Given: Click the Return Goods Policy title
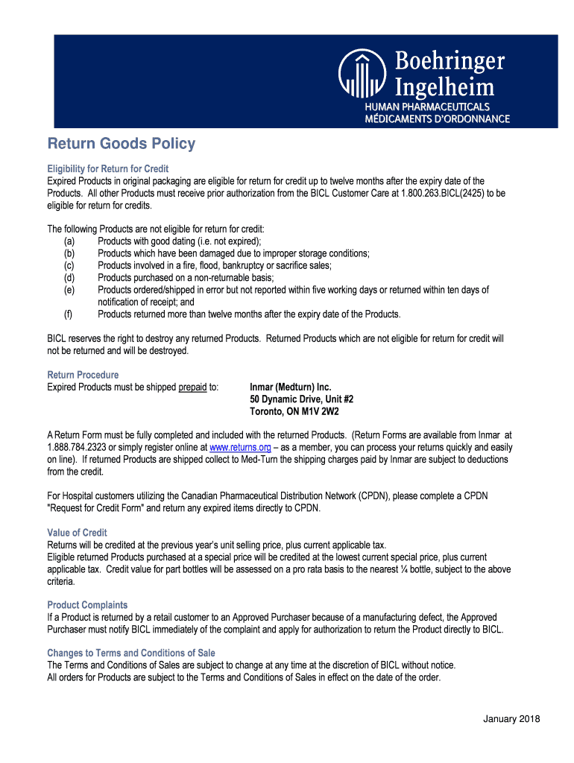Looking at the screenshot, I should point(122,144).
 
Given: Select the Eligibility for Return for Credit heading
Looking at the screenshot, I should point(108,168).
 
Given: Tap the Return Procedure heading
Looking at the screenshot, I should point(83,375).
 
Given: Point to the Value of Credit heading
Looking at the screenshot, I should point(77,533).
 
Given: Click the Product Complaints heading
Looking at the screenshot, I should point(87,605).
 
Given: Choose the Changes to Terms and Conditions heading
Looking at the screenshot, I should point(131,653).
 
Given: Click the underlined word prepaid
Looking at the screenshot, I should point(192,387).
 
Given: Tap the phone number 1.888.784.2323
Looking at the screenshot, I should point(81,448).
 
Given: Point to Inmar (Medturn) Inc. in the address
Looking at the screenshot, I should point(290,387).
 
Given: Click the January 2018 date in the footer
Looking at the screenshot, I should point(511,718).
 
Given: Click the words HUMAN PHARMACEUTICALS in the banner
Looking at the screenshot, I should point(426,108).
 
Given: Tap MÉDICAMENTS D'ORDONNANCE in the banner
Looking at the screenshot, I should point(436,118).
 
